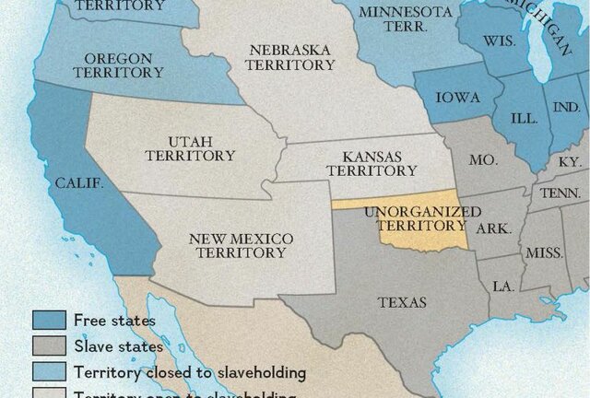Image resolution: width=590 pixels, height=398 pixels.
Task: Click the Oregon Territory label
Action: [118, 64]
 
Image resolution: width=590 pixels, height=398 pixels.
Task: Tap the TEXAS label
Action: [402, 302]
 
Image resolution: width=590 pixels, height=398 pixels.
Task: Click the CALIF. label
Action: [79, 182]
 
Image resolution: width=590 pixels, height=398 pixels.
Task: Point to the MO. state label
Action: [483, 160]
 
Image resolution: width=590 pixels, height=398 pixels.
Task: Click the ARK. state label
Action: [494, 228]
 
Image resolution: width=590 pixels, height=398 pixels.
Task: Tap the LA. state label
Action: [502, 287]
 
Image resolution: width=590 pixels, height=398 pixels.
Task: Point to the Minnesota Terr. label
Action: [393, 19]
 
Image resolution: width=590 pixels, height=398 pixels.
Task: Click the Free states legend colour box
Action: [49, 321]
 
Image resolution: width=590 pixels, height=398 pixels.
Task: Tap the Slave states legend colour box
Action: [49, 346]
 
